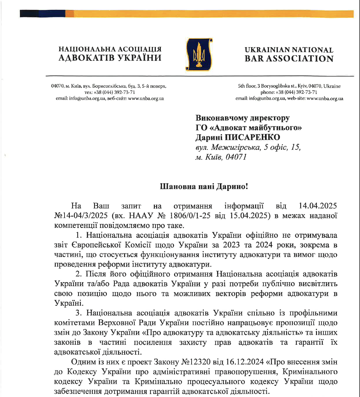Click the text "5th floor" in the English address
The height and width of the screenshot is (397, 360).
246,86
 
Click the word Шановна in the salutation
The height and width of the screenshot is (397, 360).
174,186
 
